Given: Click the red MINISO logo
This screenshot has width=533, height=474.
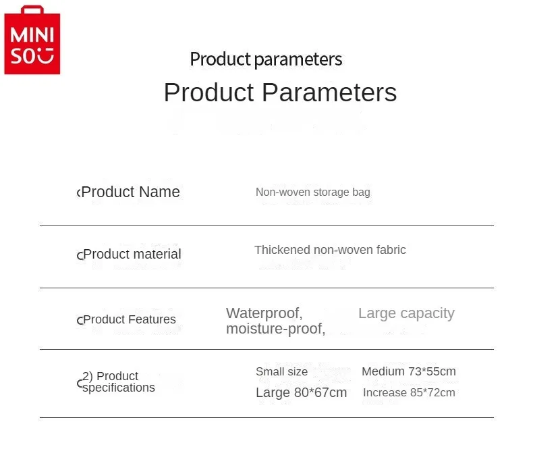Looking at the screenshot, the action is point(32,40).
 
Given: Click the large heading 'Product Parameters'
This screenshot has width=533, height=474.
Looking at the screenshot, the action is point(280,93).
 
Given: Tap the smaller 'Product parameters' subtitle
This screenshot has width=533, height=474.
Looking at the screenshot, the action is point(266,59).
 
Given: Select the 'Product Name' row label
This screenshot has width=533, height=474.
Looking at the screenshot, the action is point(130,192).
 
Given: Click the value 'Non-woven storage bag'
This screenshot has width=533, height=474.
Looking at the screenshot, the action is point(313,192).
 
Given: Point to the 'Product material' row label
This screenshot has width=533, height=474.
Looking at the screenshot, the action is point(132,254).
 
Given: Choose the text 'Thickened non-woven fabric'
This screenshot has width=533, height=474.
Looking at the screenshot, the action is point(330,250).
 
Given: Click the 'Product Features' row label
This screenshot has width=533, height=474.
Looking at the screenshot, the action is point(130,319).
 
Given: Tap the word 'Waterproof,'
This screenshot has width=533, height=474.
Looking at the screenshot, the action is point(264,313).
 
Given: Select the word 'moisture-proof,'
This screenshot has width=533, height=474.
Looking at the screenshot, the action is point(276,329).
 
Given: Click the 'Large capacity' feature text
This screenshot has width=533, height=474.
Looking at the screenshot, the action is point(406,313).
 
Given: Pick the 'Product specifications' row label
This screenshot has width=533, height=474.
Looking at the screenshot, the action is point(118,381).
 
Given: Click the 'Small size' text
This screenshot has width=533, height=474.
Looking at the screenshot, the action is point(281,371).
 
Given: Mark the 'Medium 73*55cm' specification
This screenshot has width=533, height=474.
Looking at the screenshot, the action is point(409,371).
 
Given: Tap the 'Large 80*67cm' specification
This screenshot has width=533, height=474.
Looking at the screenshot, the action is point(301,393).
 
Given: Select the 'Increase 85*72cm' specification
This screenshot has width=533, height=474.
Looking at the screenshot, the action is point(409,393).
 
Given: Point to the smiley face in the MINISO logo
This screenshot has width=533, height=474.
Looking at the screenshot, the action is point(46,56).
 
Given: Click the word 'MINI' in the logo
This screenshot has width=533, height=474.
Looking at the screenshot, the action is point(32,34).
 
